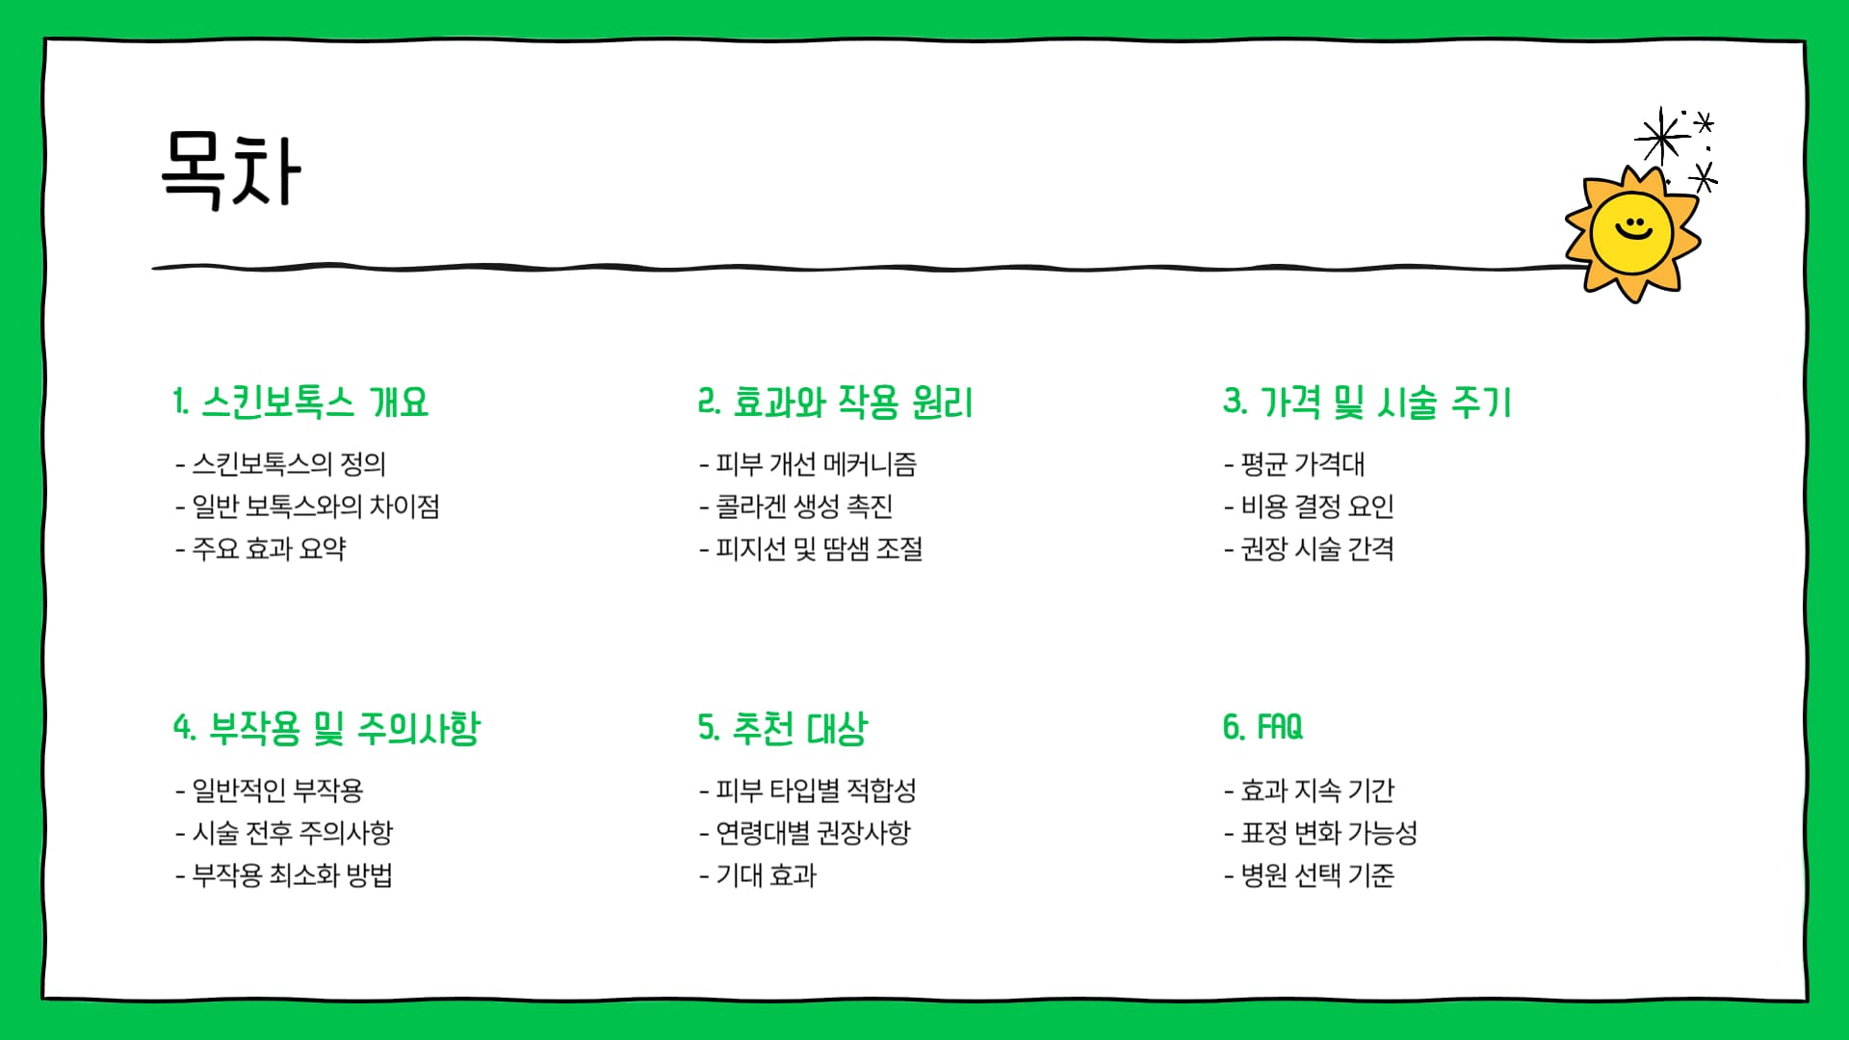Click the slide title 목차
(231, 170)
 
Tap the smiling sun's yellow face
(1631, 234)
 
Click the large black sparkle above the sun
(1661, 138)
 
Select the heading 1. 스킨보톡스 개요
(300, 403)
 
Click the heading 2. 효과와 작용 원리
(835, 403)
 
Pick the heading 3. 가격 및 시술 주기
(1367, 403)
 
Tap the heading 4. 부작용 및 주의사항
(326, 728)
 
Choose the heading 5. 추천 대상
(782, 728)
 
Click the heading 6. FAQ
(1263, 727)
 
